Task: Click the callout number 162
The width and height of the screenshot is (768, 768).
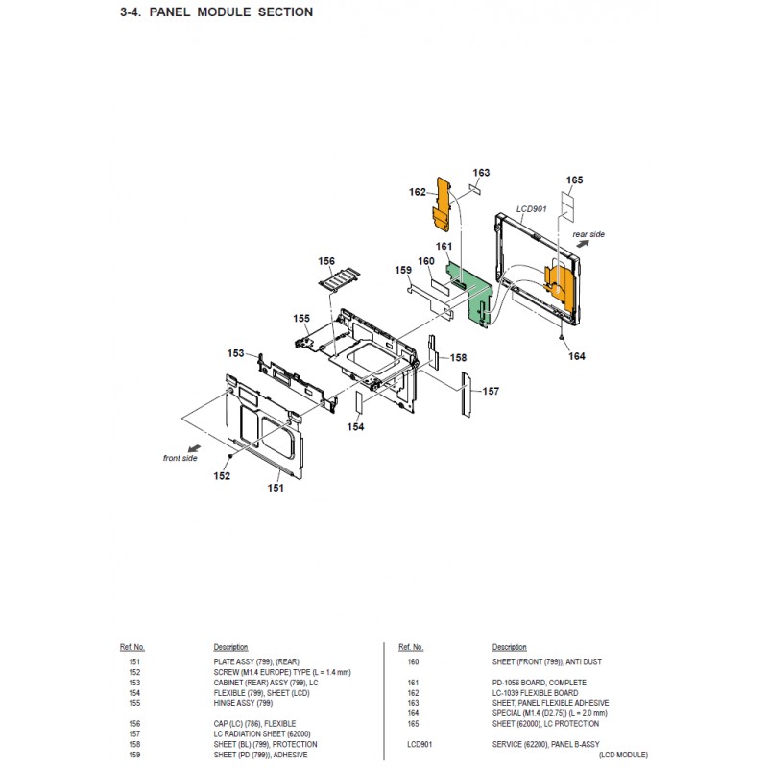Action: pos(418,192)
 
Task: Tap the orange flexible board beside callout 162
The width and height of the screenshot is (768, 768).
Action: pos(442,204)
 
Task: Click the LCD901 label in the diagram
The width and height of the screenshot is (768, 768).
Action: pos(532,209)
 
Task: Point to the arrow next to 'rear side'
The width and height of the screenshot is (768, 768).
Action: pos(583,244)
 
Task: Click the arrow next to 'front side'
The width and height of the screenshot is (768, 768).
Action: pos(194,448)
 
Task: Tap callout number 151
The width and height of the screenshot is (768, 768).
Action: pos(276,488)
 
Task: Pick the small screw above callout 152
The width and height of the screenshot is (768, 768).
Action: pos(230,456)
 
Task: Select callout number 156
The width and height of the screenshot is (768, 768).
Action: pos(326,261)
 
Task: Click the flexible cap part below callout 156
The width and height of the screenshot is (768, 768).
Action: pos(340,281)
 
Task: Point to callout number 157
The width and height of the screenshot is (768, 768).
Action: pos(491,391)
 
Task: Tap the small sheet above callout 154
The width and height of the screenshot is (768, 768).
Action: pos(359,401)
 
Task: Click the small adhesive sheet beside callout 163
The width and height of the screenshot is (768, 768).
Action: pos(474,189)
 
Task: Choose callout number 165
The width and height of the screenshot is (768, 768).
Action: pos(574,180)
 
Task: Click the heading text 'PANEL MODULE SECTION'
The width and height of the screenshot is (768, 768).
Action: pos(230,12)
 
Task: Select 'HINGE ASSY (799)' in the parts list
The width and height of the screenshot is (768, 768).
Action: pos(243,703)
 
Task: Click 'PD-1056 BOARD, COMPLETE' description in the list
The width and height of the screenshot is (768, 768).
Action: pos(540,683)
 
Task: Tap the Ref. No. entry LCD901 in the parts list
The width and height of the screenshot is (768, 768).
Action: pos(420,745)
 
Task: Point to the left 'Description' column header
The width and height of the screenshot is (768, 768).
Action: pos(230,647)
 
